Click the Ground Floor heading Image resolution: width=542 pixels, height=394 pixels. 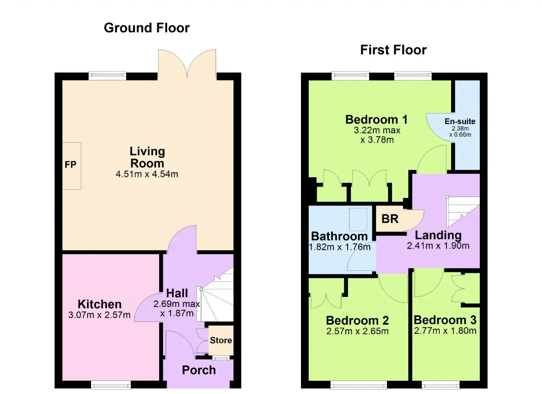tap(147, 28)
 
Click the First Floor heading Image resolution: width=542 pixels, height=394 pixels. tap(393, 50)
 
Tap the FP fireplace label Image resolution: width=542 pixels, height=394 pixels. tap(70, 164)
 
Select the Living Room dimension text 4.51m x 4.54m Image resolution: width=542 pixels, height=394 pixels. tap(147, 174)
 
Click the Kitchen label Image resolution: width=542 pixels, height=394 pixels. tap(100, 304)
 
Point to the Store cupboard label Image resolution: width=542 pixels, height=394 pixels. tap(221, 340)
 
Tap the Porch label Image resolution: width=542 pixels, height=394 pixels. tap(199, 370)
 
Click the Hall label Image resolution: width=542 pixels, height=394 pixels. tap(177, 293)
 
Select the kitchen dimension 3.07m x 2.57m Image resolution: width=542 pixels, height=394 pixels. tap(99, 315)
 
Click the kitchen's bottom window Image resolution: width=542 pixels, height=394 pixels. tap(111, 385)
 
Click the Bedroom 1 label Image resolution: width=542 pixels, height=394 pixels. tap(376, 119)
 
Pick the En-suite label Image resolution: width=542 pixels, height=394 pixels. tap(460, 121)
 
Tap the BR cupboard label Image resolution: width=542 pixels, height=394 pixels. tap(390, 219)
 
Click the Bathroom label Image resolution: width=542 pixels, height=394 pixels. tap(339, 236)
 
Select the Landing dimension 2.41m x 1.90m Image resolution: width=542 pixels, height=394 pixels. tap(438, 246)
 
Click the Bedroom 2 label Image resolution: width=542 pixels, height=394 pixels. tap(357, 320)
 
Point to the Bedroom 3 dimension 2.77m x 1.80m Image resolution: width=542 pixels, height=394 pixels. tap(445, 330)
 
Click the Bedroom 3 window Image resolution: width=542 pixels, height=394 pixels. tap(441, 385)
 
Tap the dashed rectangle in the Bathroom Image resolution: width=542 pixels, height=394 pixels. tap(358, 219)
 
